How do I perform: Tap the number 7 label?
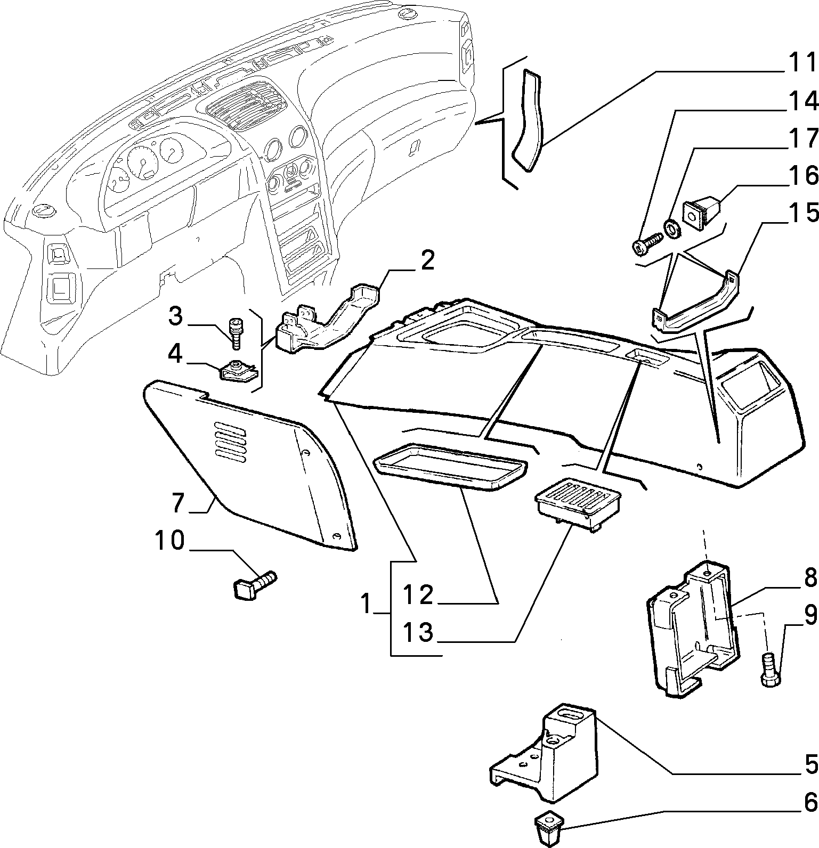click(177, 502)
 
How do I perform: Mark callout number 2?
click(426, 261)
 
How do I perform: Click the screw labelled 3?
click(235, 333)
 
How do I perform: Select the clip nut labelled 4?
click(239, 369)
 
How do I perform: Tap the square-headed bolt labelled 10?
click(255, 585)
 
